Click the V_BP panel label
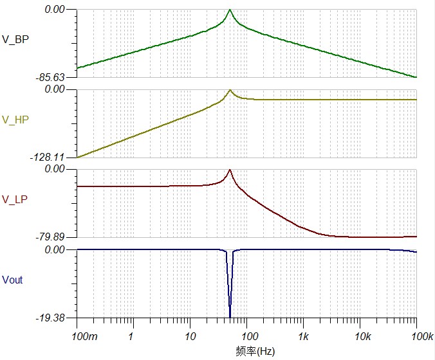click(15, 39)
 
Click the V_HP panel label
click(15, 120)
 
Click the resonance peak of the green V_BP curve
click(230, 10)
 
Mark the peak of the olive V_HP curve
click(230, 90)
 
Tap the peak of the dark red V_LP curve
click(230, 170)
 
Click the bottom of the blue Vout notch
click(230, 316)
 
